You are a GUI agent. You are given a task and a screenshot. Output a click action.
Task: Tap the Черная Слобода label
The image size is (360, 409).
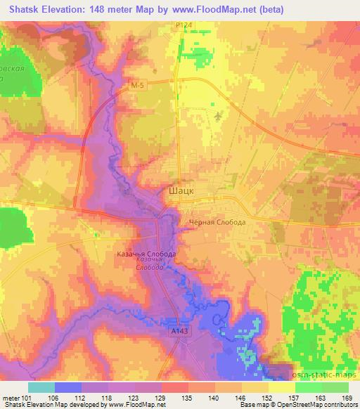[x=217, y=222]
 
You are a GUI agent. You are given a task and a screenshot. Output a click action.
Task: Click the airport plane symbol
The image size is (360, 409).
[x=218, y=116]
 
